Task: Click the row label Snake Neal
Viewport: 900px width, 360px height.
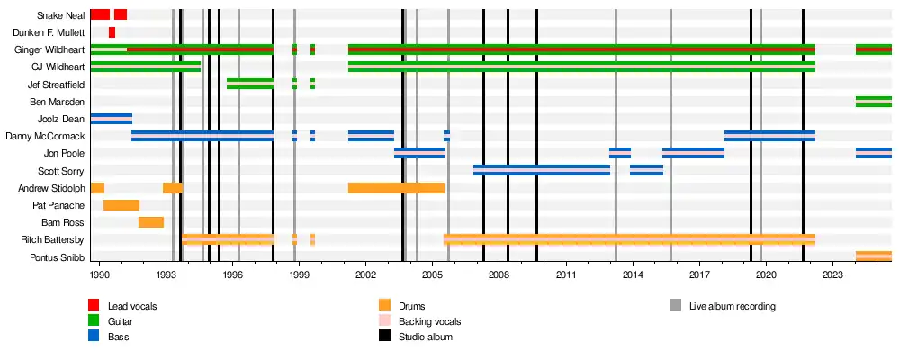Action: coord(61,15)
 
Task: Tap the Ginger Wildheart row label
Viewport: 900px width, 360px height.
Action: coord(49,49)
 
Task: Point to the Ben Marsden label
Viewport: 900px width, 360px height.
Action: coord(61,102)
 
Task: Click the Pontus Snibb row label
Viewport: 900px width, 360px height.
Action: coord(58,257)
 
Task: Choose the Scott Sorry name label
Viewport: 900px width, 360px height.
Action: coord(61,171)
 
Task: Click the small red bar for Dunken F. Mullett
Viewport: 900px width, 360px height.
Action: coord(112,32)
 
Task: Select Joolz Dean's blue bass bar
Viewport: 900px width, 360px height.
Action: coord(111,119)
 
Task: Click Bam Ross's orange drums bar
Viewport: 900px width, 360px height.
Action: coord(151,222)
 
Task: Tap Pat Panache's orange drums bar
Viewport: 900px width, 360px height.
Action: coord(121,205)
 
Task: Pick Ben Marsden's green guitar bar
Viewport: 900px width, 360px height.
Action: coord(873,102)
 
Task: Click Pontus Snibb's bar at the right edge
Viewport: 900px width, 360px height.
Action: coord(873,257)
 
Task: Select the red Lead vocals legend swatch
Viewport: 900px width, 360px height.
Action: coord(94,306)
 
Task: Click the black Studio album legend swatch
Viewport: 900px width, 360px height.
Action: coord(385,337)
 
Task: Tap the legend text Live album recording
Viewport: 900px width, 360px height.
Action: coord(732,306)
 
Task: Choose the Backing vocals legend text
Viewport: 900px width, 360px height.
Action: coord(429,321)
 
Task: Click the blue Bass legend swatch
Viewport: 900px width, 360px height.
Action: coord(94,337)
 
